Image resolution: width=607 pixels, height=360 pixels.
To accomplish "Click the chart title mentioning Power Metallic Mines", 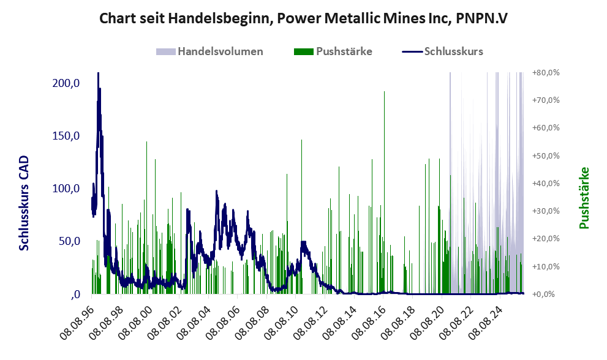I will click(x=303, y=19).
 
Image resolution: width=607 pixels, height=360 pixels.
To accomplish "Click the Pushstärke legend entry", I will click(x=344, y=51).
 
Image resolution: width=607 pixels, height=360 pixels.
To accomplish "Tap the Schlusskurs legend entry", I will click(x=453, y=51).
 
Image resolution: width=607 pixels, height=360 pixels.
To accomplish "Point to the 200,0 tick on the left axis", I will click(x=66, y=83).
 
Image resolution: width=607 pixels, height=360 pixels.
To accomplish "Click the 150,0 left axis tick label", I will click(x=66, y=136).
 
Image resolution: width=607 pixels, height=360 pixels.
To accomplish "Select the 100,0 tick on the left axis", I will click(x=66, y=189).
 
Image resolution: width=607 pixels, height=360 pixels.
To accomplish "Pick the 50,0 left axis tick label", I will click(x=69, y=241).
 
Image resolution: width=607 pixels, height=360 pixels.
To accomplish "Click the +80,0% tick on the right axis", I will click(x=546, y=73).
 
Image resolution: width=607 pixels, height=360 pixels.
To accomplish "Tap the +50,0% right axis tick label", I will click(x=546, y=156).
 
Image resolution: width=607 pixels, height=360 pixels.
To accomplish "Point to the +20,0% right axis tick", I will click(x=546, y=239).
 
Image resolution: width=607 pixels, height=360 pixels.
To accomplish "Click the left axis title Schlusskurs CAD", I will click(x=25, y=202).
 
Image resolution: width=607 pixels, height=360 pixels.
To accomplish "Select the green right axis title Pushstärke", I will click(x=584, y=198).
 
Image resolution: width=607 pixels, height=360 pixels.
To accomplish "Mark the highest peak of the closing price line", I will click(x=98, y=74).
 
